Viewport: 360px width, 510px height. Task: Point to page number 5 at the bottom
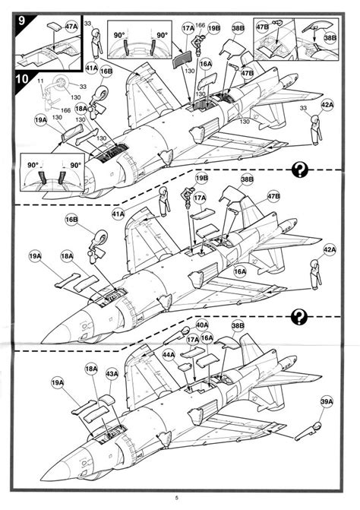[180, 498]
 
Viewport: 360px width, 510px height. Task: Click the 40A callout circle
[202, 325]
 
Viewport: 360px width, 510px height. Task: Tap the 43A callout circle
[112, 375]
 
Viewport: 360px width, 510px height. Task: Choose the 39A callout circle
[326, 401]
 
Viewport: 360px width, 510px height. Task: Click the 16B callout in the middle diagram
[71, 219]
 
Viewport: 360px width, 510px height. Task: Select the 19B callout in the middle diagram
[201, 178]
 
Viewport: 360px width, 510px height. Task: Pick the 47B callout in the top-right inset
[263, 27]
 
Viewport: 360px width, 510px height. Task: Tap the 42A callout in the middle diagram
[329, 249]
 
